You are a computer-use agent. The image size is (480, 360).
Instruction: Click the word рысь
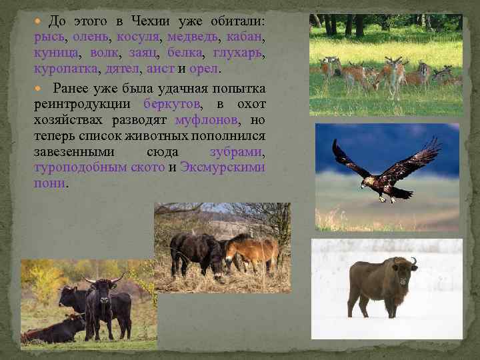point(48,38)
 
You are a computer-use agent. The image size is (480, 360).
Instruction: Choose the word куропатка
point(65,69)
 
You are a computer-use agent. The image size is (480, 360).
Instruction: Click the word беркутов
point(171,105)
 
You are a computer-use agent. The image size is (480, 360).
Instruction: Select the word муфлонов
point(205,120)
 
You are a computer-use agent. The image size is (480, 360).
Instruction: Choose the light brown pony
point(251,251)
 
